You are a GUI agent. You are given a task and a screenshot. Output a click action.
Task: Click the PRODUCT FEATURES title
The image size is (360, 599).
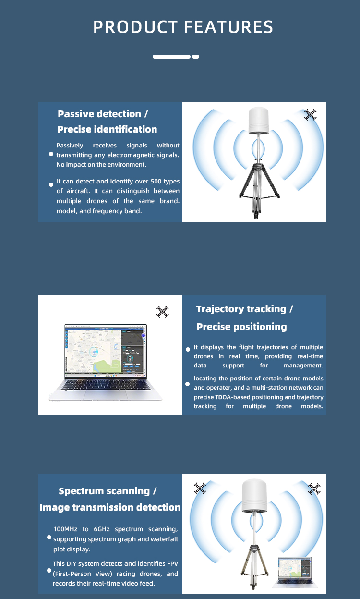click(x=183, y=27)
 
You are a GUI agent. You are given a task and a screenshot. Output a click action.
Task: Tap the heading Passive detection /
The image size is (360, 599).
click(x=103, y=114)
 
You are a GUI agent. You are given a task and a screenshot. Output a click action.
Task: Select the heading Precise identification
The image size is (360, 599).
click(x=107, y=129)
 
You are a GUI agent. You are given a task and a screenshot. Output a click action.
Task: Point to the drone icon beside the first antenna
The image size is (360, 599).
click(x=310, y=114)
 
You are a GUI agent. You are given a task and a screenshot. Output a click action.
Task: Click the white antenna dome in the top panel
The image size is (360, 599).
click(x=258, y=121)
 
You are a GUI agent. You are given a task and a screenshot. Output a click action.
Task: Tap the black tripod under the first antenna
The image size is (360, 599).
click(x=259, y=190)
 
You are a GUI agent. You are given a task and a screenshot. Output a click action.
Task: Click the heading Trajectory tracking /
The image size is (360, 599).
click(x=244, y=309)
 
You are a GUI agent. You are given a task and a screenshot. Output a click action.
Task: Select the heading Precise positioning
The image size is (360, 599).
click(x=241, y=327)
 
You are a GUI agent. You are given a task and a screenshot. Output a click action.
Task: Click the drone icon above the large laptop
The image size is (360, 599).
click(x=163, y=312)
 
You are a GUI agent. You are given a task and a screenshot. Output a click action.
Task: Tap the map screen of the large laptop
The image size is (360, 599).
click(x=106, y=350)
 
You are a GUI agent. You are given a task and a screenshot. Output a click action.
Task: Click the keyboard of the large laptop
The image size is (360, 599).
click(x=106, y=385)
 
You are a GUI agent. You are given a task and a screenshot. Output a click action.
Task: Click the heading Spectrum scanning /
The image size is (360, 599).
click(x=108, y=491)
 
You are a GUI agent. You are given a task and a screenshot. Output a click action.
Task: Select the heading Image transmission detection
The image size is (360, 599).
click(x=110, y=507)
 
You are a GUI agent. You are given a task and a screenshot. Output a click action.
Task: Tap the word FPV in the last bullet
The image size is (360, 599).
click(x=172, y=563)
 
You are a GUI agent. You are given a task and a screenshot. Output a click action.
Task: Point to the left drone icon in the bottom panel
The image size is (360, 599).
click(x=200, y=488)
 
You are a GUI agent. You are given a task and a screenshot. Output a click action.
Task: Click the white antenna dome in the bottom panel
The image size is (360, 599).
click(x=254, y=496)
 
